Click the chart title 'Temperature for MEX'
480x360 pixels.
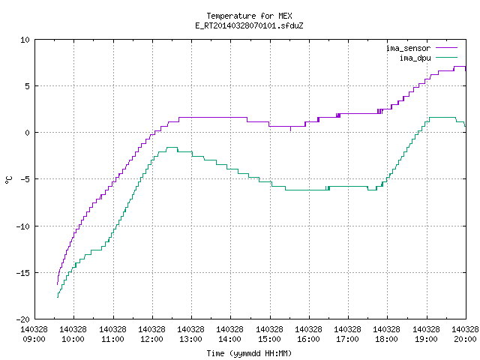tap(249, 16)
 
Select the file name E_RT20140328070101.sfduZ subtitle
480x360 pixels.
tap(249, 25)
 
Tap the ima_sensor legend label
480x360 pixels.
tap(408, 48)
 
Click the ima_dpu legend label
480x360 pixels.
tap(415, 58)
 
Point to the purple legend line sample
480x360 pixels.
tap(446, 48)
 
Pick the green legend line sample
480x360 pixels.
tap(446, 57)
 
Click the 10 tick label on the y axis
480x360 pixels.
tap(25, 40)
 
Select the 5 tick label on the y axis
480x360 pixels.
tap(28, 86)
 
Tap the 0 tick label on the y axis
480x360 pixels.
tap(28, 133)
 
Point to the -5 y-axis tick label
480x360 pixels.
tap(23, 179)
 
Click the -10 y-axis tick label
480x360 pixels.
tap(23, 226)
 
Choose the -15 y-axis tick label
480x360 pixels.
tap(23, 273)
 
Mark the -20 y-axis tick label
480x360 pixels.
tap(23, 319)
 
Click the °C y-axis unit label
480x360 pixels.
tap(8, 180)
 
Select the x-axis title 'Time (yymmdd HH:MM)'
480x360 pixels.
tap(249, 353)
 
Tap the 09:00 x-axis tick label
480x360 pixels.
tap(34, 339)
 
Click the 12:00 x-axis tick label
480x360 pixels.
tap(151, 339)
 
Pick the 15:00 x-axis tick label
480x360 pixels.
tap(269, 339)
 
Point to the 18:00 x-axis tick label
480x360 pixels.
tap(387, 339)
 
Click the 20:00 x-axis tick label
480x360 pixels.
tap(465, 339)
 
